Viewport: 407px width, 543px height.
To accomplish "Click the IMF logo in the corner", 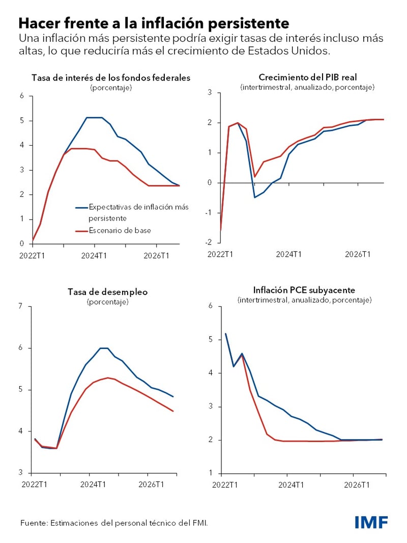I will [x=371, y=522].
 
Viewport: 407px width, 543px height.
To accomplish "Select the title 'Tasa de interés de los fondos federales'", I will [x=111, y=78].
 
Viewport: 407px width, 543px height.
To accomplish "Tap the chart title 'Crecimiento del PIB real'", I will [x=308, y=77].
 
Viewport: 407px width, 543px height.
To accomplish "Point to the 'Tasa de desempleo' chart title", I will [x=107, y=292].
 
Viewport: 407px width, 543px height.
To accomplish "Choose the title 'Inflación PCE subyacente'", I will [x=304, y=290].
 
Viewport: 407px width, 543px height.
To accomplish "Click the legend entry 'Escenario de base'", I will [x=120, y=230].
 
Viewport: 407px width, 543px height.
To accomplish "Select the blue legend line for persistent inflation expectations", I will [x=81, y=207].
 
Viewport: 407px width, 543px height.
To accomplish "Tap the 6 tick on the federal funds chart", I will [x=22, y=96].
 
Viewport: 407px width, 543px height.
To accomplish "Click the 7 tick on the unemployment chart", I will [x=21, y=306].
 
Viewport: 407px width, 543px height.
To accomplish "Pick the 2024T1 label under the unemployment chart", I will [x=93, y=484].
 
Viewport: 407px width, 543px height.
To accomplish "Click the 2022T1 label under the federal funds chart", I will [x=33, y=255].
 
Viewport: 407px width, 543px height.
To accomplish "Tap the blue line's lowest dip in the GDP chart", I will [x=254, y=197].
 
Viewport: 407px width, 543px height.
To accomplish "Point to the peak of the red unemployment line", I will [x=108, y=377].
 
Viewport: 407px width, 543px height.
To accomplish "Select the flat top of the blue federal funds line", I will [x=94, y=118].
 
